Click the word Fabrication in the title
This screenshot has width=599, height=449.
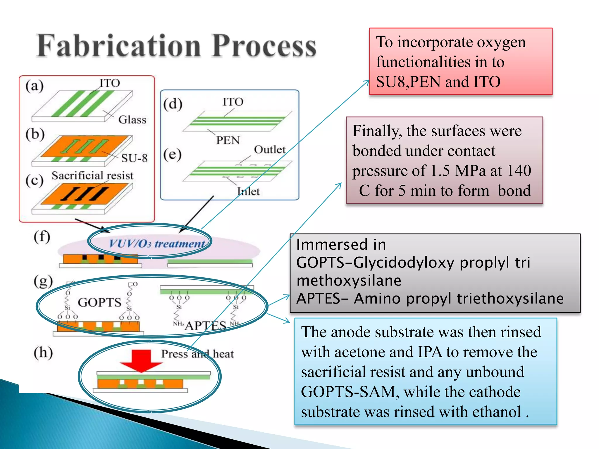(x=118, y=46)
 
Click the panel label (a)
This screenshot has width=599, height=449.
(x=35, y=86)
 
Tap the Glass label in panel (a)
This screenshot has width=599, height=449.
(x=132, y=120)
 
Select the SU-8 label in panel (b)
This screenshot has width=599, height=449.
(x=134, y=158)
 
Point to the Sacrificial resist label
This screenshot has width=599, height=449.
(x=92, y=175)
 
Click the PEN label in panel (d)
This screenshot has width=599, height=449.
(x=228, y=140)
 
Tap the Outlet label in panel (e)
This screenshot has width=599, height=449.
(x=270, y=150)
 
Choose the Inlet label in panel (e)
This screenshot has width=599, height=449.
(x=248, y=191)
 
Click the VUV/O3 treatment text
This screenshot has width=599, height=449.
(x=156, y=244)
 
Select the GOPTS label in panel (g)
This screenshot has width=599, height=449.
(x=99, y=302)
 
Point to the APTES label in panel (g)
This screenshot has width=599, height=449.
(x=206, y=325)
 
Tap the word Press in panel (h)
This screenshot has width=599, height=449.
(x=175, y=354)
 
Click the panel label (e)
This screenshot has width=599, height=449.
(x=172, y=154)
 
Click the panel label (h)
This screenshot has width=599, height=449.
(x=43, y=352)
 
